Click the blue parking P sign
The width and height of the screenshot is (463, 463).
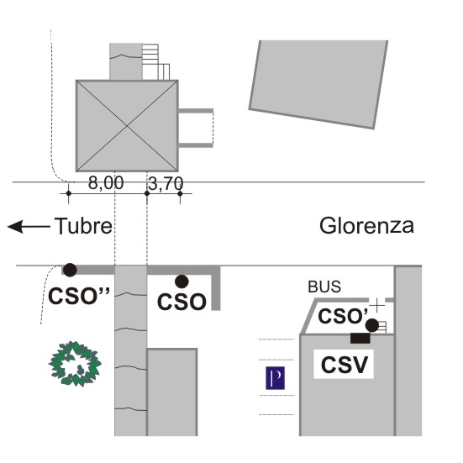pyautogui.click(x=276, y=378)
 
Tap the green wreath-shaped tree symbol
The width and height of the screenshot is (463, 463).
pyautogui.click(x=75, y=364)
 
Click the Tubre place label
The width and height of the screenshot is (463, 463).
pyautogui.click(x=83, y=226)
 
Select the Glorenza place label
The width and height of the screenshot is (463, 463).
pyautogui.click(x=366, y=226)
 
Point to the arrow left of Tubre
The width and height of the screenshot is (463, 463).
pyautogui.click(x=29, y=227)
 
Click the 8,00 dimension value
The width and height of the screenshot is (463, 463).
pyautogui.click(x=106, y=183)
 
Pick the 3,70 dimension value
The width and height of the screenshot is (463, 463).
pyautogui.click(x=166, y=184)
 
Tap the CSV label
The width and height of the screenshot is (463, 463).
pyautogui.click(x=345, y=365)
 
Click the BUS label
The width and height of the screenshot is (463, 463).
pyautogui.click(x=324, y=287)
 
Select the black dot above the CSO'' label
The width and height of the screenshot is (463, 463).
pyautogui.click(x=70, y=270)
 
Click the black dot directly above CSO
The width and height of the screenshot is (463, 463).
pyautogui.click(x=182, y=281)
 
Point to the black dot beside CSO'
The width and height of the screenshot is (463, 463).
pyautogui.click(x=372, y=325)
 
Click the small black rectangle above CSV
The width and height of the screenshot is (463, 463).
pyautogui.click(x=360, y=338)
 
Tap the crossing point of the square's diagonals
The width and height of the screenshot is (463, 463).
pyautogui.click(x=127, y=126)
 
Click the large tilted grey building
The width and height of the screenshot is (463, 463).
pyautogui.click(x=319, y=84)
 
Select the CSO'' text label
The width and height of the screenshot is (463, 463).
pyautogui.click(x=79, y=296)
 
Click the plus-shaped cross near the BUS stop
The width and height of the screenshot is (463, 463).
pyautogui.click(x=377, y=305)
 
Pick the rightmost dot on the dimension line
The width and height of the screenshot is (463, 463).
pyautogui.click(x=180, y=194)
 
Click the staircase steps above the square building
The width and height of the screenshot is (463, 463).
pyautogui.click(x=156, y=62)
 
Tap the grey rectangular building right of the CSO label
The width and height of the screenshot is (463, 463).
pyautogui.click(x=172, y=392)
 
